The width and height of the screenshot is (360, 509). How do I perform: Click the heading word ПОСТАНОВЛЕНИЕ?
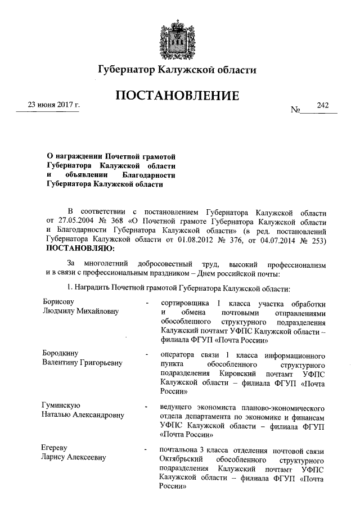178,96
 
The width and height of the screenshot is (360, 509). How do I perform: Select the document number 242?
322,105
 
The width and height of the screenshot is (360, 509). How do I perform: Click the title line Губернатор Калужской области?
178,70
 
